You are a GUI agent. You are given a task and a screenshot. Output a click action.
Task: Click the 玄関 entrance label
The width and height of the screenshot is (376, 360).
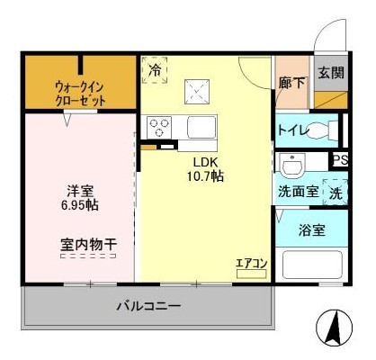[x=331, y=73]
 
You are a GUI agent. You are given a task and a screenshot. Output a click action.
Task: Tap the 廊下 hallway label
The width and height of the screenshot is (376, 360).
[x=292, y=83]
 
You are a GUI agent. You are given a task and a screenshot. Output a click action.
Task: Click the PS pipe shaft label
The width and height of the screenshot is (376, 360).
[x=341, y=160]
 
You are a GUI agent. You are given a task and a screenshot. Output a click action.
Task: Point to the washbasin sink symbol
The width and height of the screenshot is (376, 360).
[x=291, y=164]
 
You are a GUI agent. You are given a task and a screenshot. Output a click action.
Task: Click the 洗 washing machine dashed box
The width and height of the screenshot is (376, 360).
[x=336, y=192]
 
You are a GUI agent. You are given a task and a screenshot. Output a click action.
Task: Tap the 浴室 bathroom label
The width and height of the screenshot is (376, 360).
[x=312, y=230]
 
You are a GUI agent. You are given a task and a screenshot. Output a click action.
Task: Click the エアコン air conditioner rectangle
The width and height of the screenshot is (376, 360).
[x=251, y=274]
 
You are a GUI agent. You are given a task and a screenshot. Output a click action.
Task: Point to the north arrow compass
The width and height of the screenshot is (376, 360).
[x=335, y=328]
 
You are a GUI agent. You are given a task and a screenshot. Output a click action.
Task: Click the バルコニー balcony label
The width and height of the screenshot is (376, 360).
[x=148, y=306]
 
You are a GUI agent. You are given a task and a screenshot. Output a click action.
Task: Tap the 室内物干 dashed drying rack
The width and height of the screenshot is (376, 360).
[x=88, y=256]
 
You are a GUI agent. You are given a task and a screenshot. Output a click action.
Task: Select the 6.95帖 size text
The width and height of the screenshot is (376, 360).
[x=80, y=205]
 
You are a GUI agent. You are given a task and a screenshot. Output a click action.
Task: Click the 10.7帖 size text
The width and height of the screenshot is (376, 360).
[x=206, y=176]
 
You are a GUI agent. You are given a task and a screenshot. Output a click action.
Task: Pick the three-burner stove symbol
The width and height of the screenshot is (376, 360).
[x=159, y=128]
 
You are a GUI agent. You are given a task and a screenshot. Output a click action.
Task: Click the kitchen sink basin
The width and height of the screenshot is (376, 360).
[x=201, y=127]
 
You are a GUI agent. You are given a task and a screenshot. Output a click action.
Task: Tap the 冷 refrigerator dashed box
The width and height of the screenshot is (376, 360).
[x=155, y=70]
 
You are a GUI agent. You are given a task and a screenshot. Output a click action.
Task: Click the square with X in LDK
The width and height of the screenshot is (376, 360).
[x=197, y=92]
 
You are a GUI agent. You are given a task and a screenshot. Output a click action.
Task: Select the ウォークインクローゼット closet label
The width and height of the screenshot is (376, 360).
[x=80, y=94]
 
